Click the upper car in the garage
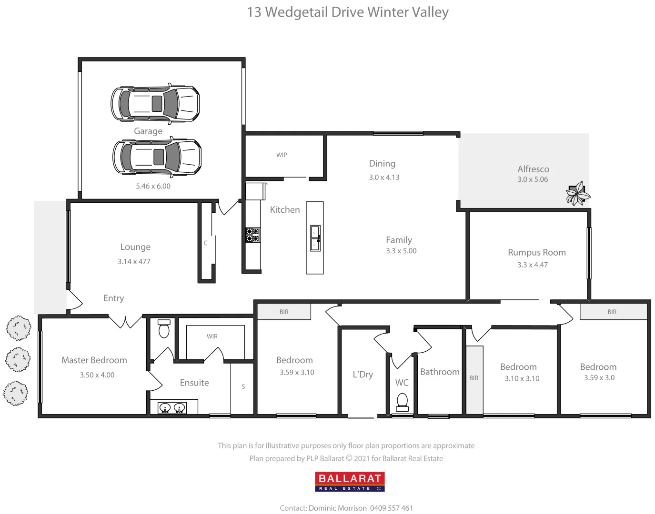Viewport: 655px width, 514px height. tap(155, 103)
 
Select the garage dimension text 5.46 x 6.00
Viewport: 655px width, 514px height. tap(153, 186)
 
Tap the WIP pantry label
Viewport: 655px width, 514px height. tap(282, 155)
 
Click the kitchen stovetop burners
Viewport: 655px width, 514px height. tap(252, 235)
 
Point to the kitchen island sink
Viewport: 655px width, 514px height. tap(315, 238)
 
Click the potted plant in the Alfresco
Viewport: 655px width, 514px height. tap(577, 193)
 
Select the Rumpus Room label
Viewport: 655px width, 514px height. tap(536, 252)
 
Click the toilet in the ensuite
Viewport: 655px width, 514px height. tap(163, 328)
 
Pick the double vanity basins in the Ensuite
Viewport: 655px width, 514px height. tap(172, 408)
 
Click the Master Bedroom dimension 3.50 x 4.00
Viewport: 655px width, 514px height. tap(97, 375)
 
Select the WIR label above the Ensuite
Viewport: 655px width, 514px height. tap(212, 336)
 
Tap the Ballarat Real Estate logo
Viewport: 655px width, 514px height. tap(350, 482)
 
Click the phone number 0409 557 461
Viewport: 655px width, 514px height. tap(391, 508)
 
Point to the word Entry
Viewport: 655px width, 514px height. tap(113, 298)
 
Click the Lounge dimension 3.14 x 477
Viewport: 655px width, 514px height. tap(134, 261)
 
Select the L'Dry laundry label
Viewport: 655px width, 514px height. tap(363, 375)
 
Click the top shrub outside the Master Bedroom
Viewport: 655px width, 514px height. tap(19, 328)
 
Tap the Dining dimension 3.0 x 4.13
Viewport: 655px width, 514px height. tap(384, 178)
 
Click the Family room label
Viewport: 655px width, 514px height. tap(399, 240)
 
